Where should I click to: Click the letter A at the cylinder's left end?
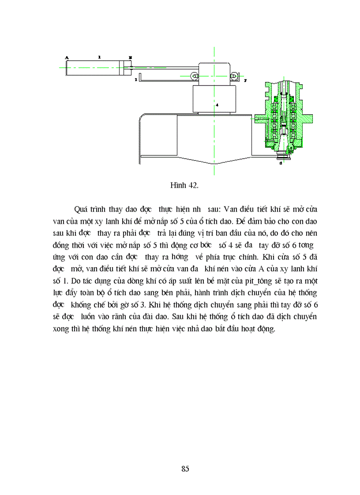point(67,57)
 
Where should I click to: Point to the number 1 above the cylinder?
point(100,57)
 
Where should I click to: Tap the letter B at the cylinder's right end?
point(130,57)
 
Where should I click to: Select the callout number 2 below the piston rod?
point(136,81)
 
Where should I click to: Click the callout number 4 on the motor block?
point(217,105)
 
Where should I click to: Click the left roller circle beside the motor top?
point(194,76)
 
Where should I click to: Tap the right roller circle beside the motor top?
point(235,76)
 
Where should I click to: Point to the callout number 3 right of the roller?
point(245,81)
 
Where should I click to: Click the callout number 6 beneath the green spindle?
point(281,163)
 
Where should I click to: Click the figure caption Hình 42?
point(184,185)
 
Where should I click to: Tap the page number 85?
point(185,469)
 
